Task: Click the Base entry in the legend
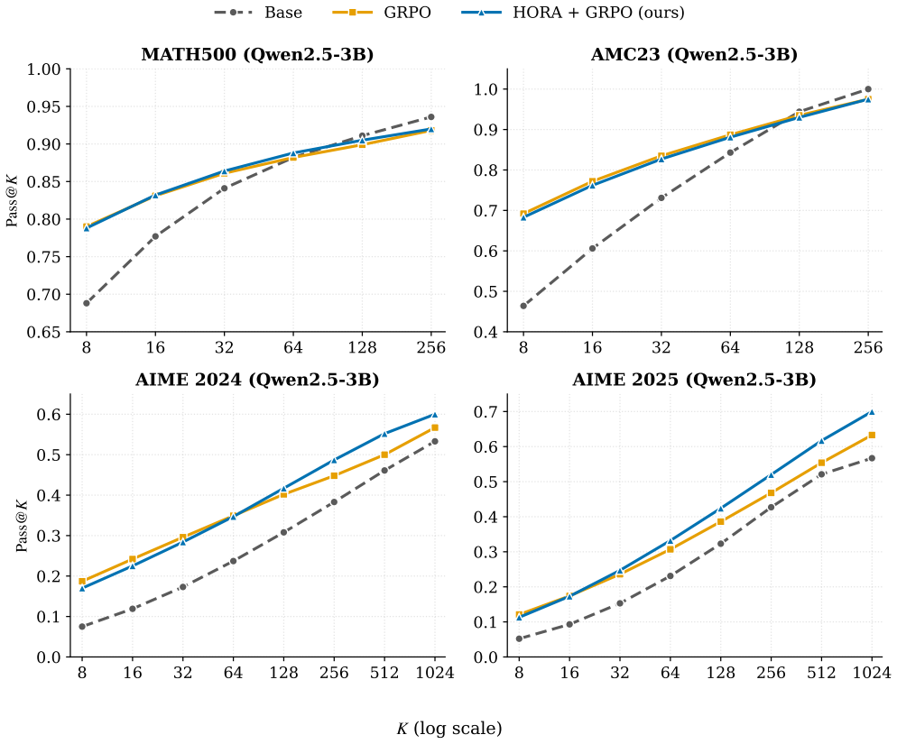click(x=258, y=12)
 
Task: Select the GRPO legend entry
click(x=382, y=12)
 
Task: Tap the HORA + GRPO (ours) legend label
click(x=573, y=12)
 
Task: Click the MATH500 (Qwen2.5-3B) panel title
click(x=257, y=54)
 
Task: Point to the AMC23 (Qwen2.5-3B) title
click(x=694, y=54)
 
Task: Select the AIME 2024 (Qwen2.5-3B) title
click(x=257, y=380)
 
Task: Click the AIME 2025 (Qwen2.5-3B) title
click(x=694, y=380)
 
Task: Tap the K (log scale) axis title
click(x=449, y=729)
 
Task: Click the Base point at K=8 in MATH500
click(x=87, y=303)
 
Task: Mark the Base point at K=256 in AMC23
click(x=868, y=89)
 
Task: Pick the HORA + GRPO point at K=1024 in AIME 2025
click(x=872, y=412)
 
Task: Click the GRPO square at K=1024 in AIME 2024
click(x=435, y=427)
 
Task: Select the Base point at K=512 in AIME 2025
click(x=821, y=474)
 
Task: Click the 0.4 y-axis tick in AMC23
click(x=486, y=332)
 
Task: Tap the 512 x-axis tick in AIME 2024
click(x=384, y=673)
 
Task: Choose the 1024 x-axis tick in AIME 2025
click(x=872, y=673)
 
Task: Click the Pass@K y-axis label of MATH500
click(x=13, y=201)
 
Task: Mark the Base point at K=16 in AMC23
click(x=592, y=249)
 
